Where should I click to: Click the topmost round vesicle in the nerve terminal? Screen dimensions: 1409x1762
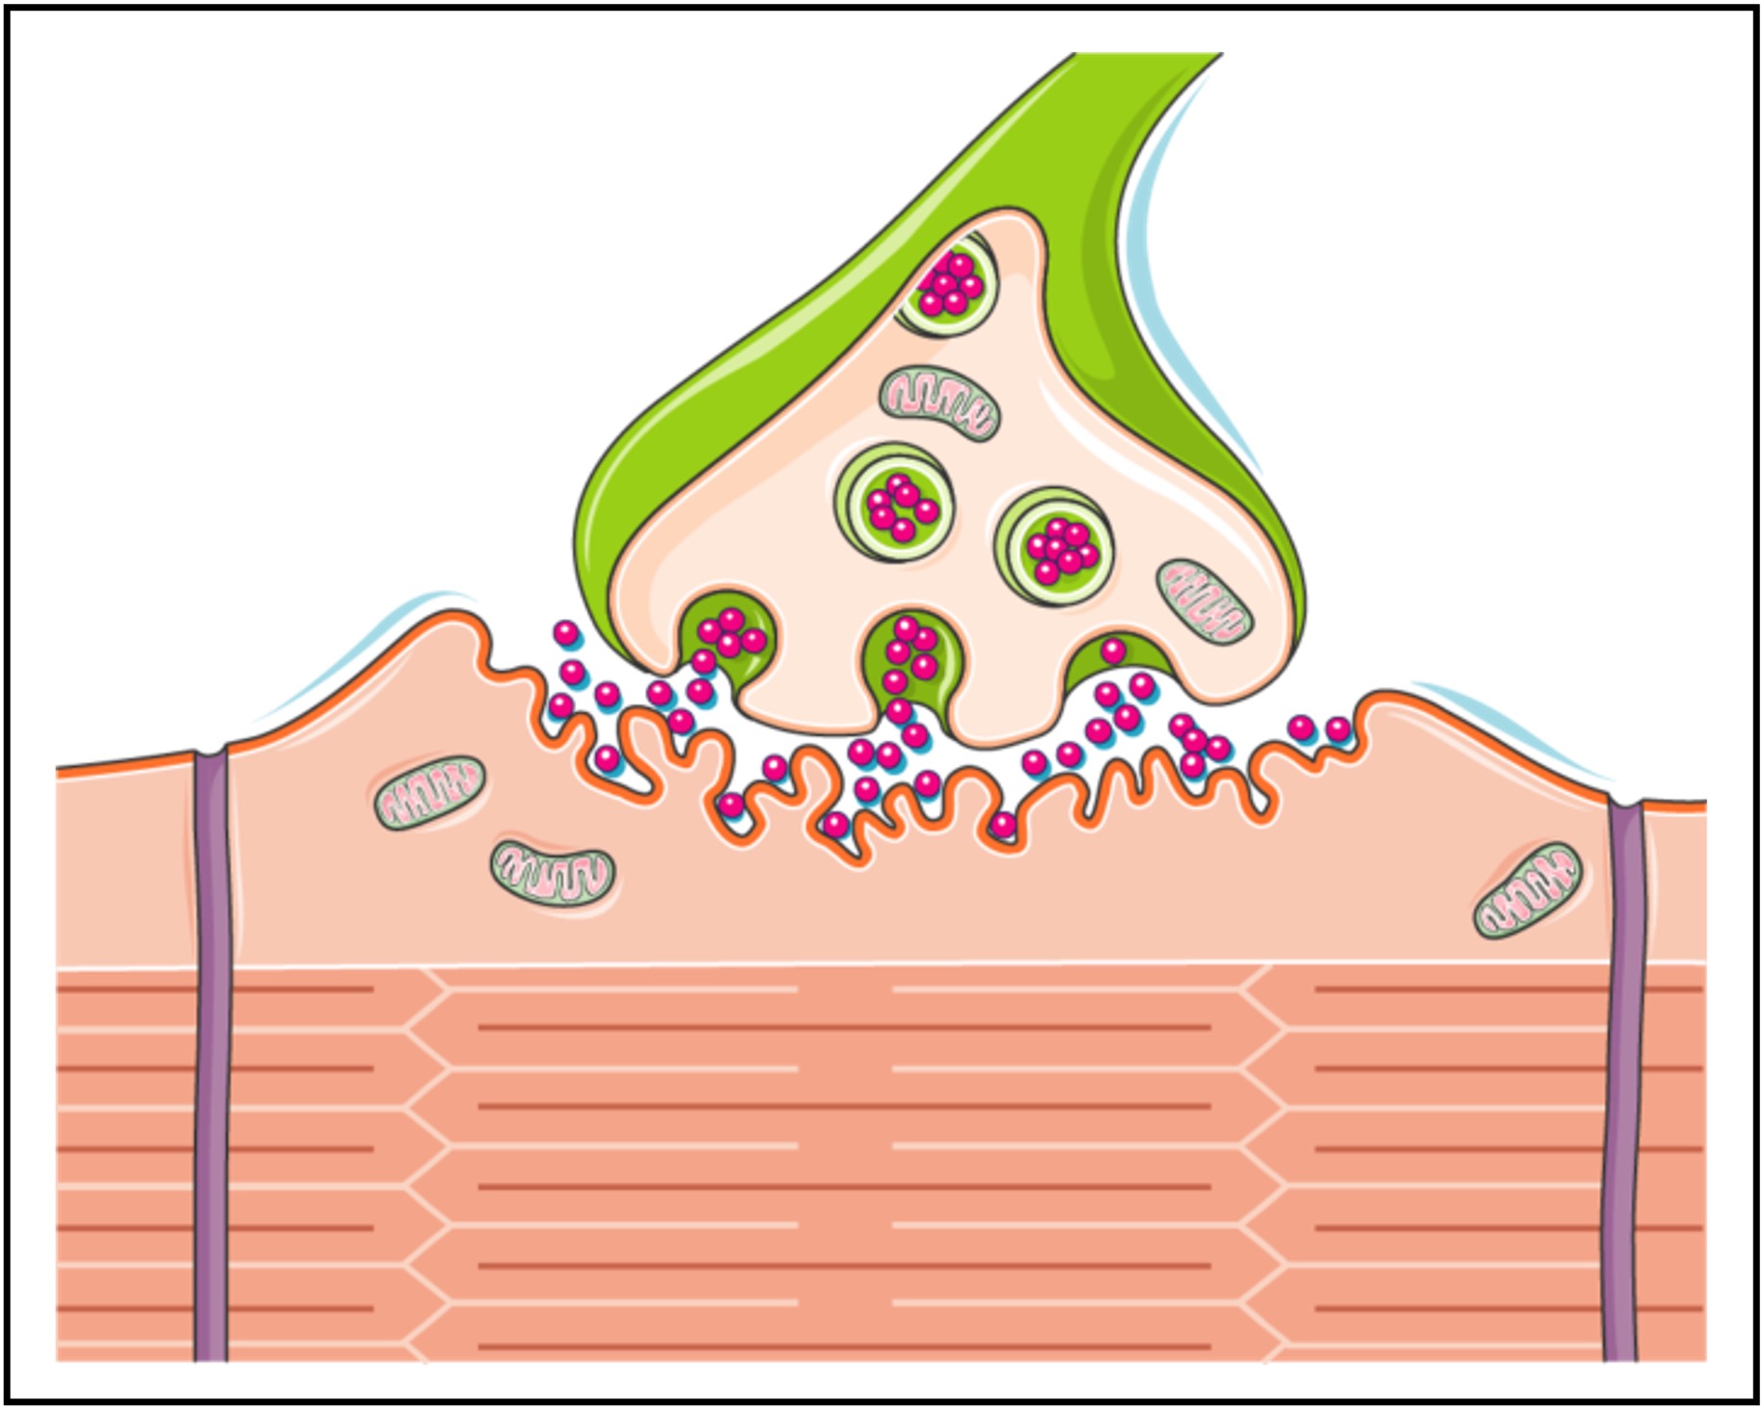[x=948, y=285]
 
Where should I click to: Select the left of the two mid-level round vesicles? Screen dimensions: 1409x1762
[x=895, y=504]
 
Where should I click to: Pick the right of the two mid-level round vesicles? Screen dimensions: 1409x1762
[x=1055, y=546]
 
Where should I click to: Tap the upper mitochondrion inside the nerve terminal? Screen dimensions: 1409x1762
[x=939, y=402]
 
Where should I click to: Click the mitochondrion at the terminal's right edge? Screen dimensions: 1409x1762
[x=1204, y=602]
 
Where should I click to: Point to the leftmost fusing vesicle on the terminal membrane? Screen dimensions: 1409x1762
[x=728, y=634]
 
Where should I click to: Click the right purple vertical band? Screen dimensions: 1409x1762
[x=1624, y=1076]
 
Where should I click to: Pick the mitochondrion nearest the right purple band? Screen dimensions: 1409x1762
[x=1526, y=890]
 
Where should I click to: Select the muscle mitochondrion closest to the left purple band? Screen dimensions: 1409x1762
[x=429, y=792]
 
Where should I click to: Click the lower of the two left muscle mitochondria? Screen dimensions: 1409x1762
[x=552, y=873]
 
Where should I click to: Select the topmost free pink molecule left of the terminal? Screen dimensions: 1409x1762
[x=566, y=633]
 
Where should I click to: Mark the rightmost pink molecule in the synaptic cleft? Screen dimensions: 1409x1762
[x=1337, y=729]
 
